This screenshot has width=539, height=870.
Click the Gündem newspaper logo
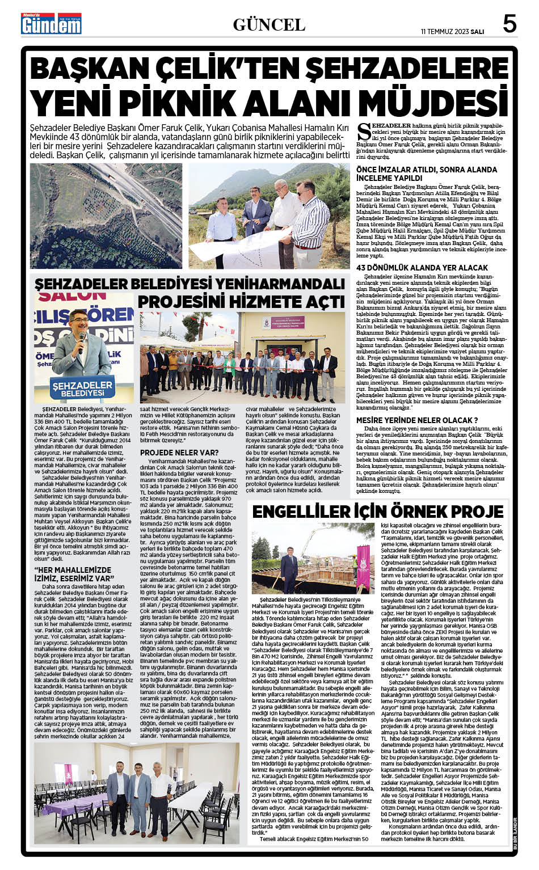click(51, 24)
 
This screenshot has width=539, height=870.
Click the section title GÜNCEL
click(269, 24)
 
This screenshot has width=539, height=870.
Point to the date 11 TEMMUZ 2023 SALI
click(452, 32)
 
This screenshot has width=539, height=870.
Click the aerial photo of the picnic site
click(106, 216)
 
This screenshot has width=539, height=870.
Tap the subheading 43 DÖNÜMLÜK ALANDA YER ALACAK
click(422, 267)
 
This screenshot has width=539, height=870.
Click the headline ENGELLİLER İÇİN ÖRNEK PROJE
click(378, 512)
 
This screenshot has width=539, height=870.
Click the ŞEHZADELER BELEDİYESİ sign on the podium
click(83, 389)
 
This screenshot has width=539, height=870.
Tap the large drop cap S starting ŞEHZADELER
click(364, 131)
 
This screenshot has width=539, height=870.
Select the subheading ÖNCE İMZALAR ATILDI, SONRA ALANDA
click(426, 170)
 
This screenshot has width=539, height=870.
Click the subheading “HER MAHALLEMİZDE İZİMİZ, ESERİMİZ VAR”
click(75, 575)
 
